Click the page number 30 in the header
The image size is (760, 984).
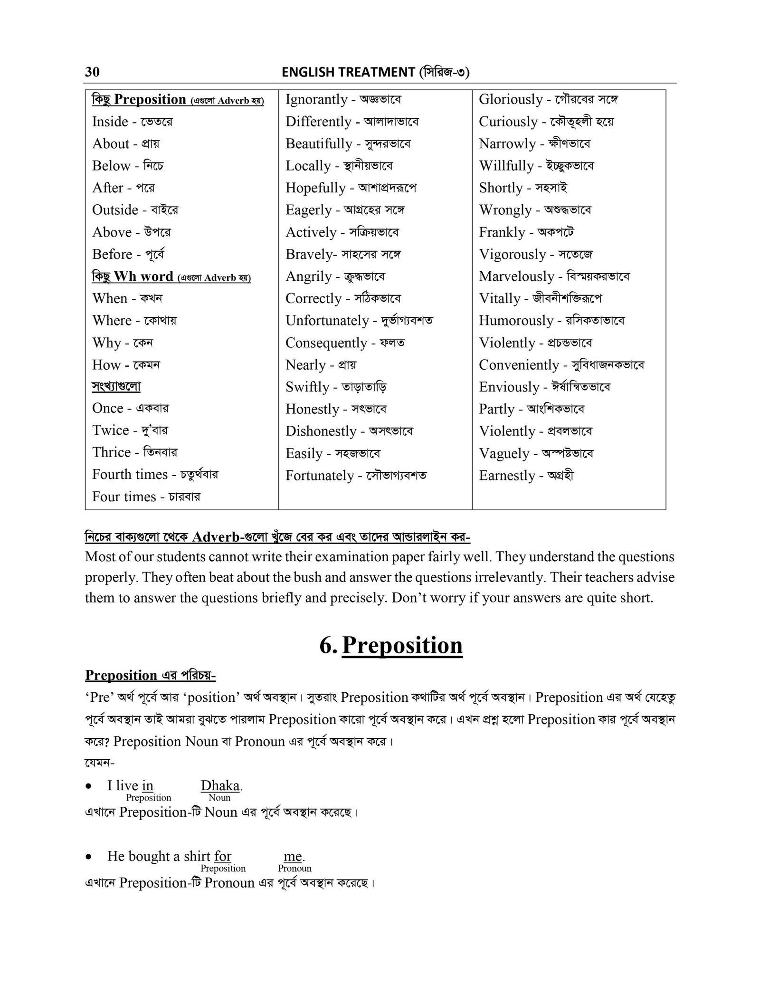[x=92, y=72]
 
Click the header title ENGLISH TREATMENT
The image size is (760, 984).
[x=348, y=72]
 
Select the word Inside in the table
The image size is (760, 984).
[x=110, y=122]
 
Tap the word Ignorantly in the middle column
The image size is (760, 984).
[x=316, y=99]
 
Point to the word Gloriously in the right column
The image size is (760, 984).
[x=510, y=99]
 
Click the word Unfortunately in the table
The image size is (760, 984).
[x=327, y=321]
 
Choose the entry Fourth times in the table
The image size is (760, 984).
[x=130, y=474]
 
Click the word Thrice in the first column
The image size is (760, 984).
[x=111, y=452]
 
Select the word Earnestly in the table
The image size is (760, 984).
[x=507, y=476]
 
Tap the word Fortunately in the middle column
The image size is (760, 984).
[x=320, y=476]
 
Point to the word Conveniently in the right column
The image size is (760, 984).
[x=519, y=365]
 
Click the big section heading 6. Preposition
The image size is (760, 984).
[x=390, y=645]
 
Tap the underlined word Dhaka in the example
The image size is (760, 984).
[x=219, y=785]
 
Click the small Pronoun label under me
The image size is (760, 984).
[x=294, y=869]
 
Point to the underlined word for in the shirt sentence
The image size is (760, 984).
[x=222, y=856]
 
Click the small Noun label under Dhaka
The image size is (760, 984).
[x=219, y=798]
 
